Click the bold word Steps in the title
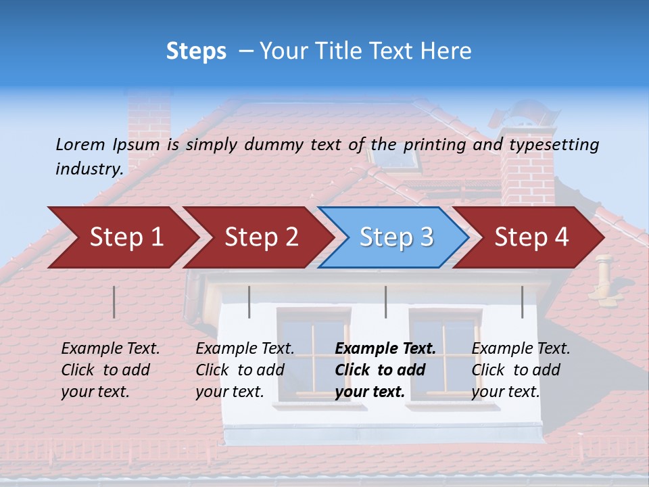(196, 51)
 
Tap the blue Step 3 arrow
(395, 237)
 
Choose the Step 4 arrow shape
(531, 237)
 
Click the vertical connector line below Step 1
(114, 302)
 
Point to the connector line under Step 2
(249, 302)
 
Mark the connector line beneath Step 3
(386, 302)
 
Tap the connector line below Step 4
(523, 302)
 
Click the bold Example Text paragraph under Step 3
(385, 370)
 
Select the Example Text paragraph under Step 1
(110, 370)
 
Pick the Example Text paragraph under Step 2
(245, 370)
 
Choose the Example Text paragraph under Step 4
(521, 370)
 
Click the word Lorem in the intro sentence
(80, 144)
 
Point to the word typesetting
(554, 145)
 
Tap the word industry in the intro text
(89, 169)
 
